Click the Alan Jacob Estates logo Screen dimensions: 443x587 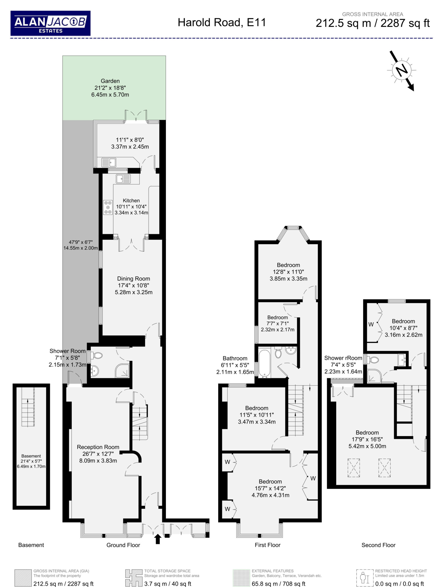coord(50,23)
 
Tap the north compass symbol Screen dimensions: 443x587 coord(402,71)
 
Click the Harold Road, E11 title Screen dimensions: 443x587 coord(222,22)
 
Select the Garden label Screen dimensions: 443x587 coord(110,81)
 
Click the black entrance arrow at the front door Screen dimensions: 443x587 coord(158,539)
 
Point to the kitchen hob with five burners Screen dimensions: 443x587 coord(108,207)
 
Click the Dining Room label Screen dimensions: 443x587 coord(133,279)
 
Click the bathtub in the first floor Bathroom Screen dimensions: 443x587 coord(264,364)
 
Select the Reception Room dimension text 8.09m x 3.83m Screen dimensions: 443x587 coord(98,461)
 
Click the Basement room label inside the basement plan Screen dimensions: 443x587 coord(31,456)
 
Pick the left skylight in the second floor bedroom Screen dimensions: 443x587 coord(354,468)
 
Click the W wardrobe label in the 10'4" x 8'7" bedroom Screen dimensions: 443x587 coord(371,324)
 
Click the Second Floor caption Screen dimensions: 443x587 coord(378,545)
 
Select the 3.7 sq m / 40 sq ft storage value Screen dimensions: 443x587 coord(168,584)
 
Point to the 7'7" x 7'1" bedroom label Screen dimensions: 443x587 coord(278,324)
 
